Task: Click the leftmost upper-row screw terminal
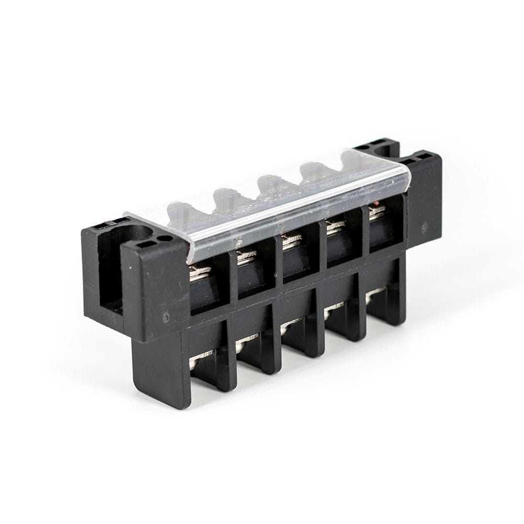200,272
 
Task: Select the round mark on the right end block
424,227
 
